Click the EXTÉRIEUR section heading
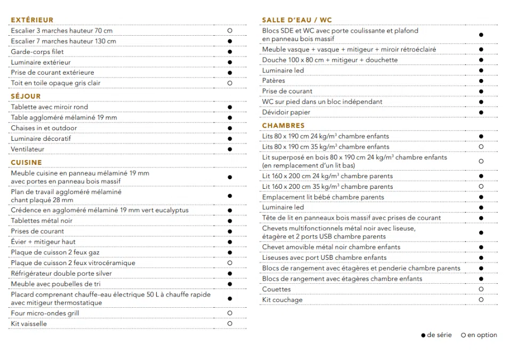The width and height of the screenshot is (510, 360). pos(32,20)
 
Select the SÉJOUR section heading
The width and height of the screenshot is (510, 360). pos(26,97)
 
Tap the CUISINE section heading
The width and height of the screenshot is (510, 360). pos(26,163)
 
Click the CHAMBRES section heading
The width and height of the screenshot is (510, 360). pos(284,126)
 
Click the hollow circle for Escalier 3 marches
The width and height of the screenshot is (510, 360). pos(230,31)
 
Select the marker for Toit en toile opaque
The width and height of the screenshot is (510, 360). pos(230,83)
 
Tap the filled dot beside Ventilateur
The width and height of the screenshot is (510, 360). pos(230,149)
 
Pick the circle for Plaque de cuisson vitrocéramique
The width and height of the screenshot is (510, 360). pos(230,263)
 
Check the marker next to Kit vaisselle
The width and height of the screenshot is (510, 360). pos(230,324)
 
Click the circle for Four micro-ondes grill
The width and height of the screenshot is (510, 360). pos(230,313)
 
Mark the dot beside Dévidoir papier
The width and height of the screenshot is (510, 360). pos(481,113)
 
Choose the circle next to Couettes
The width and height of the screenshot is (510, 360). pos(481,289)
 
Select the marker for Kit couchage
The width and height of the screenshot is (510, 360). pos(481,300)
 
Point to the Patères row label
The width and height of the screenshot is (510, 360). pos(273,81)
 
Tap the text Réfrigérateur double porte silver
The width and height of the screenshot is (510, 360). pos(61,274)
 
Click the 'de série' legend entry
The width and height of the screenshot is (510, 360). pos(436,335)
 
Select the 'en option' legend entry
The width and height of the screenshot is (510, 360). pos(479,335)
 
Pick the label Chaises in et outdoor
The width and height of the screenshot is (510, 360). pos(44,128)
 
